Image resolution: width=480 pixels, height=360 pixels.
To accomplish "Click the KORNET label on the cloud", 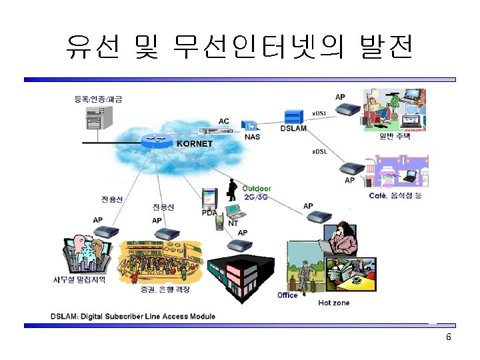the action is click(x=195, y=143).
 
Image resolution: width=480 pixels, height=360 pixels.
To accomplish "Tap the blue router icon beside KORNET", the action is click(x=155, y=140).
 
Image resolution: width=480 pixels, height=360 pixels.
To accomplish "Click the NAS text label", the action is click(x=253, y=137).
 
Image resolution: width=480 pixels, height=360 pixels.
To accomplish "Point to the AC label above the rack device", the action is click(x=224, y=121).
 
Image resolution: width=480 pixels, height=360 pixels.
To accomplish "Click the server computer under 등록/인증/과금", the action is click(x=97, y=120).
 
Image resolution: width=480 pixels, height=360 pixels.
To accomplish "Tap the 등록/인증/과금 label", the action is click(x=98, y=99).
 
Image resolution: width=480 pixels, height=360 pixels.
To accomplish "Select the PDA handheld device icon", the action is click(x=210, y=197).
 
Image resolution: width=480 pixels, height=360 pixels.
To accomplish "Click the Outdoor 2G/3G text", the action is click(x=257, y=193).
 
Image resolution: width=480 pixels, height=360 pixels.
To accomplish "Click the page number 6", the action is click(x=449, y=337).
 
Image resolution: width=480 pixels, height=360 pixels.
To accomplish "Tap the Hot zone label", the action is click(x=333, y=303).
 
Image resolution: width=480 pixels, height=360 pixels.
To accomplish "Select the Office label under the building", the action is click(x=287, y=295).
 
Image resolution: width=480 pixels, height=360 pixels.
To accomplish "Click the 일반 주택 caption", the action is click(x=395, y=136).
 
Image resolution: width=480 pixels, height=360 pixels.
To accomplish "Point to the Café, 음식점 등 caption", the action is click(x=395, y=195).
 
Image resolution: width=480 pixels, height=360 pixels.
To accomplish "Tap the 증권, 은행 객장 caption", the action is click(x=165, y=289).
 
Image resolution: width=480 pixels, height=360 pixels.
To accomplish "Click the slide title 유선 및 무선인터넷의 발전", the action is click(x=239, y=47).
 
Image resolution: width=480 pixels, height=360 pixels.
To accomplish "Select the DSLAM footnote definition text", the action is click(x=133, y=316).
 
